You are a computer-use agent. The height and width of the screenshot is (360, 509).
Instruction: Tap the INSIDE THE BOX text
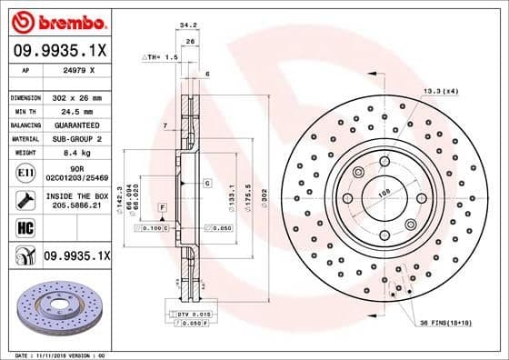pos(77,195)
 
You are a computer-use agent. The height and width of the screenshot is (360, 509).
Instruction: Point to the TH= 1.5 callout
pos(161,56)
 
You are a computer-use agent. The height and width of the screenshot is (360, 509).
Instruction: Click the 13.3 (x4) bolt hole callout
pos(439,91)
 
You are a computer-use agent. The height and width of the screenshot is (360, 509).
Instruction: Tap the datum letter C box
pos(207,183)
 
